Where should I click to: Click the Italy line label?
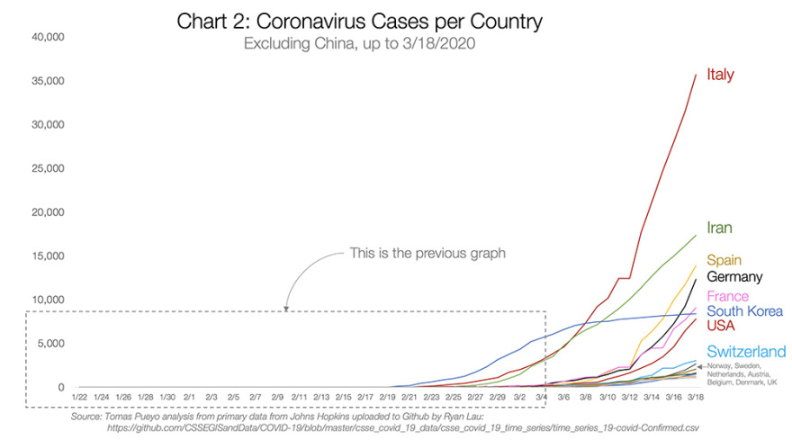click(720, 75)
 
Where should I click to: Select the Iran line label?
click(720, 229)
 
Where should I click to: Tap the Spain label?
click(724, 260)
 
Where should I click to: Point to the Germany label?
click(734, 277)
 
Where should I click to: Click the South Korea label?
click(745, 310)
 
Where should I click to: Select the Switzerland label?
click(746, 352)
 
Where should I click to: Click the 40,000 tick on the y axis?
click(45, 38)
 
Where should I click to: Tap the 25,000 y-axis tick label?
click(45, 169)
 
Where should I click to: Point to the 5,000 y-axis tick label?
click(48, 344)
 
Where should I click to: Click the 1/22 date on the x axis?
click(79, 396)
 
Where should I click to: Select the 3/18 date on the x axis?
click(695, 396)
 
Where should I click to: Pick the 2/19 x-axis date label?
click(387, 396)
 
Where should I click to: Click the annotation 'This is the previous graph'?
click(427, 254)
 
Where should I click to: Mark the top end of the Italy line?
click(696, 75)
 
